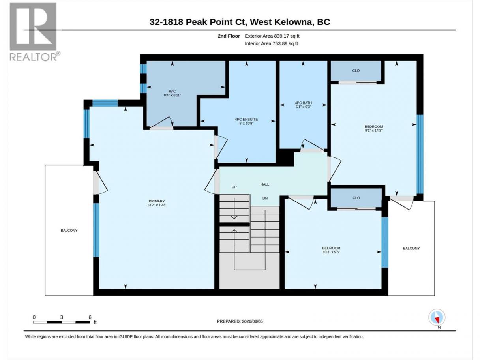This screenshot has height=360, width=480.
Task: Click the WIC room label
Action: pos(172,91)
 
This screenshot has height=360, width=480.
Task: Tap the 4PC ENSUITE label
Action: pos(246,120)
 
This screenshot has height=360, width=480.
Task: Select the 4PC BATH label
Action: pos(303,103)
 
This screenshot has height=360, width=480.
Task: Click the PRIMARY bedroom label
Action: pos(157,201)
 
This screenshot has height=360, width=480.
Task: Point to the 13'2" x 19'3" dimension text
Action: pos(157,205)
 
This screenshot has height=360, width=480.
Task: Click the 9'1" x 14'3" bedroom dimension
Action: pos(373,131)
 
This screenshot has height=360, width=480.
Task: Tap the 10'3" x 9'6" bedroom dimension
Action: pos(331,252)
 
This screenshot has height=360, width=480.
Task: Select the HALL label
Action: pos(264,184)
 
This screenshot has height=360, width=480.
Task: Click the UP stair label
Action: pos(234,187)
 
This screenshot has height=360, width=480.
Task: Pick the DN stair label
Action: pos(265,198)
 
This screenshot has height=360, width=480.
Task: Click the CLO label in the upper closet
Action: pos(356,71)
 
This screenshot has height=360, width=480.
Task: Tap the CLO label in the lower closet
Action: pos(356,198)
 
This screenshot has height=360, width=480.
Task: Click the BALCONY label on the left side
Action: pos(69,231)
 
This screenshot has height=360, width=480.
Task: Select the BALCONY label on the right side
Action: pos(411,248)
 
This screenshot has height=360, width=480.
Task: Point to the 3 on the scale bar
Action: pos(62,317)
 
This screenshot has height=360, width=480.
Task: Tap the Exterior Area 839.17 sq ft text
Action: pos(272,36)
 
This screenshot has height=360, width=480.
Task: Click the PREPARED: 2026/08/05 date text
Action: pos(240,321)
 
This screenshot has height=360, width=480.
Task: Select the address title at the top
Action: pos(240,22)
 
